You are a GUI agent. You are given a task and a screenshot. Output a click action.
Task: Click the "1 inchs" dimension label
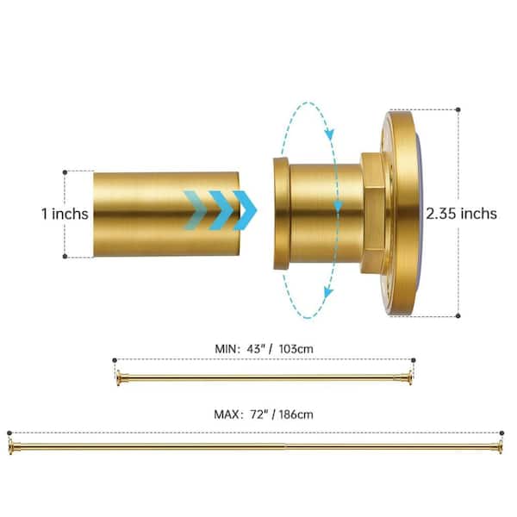(x=65, y=214)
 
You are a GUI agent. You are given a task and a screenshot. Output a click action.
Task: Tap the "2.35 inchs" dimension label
(x=461, y=214)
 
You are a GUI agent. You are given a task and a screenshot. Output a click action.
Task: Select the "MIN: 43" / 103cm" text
(x=264, y=349)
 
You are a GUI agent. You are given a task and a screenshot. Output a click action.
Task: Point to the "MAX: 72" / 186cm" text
(x=264, y=414)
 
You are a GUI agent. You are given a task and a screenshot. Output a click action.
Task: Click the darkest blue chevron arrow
(x=245, y=210)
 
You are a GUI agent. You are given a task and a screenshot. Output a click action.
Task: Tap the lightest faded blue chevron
(x=196, y=210)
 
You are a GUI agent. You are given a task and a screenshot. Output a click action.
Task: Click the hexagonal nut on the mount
(x=373, y=213)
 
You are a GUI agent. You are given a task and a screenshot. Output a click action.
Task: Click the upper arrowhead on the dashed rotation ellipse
(x=329, y=134)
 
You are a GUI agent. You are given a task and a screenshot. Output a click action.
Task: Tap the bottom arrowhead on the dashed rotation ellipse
(x=328, y=291)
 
